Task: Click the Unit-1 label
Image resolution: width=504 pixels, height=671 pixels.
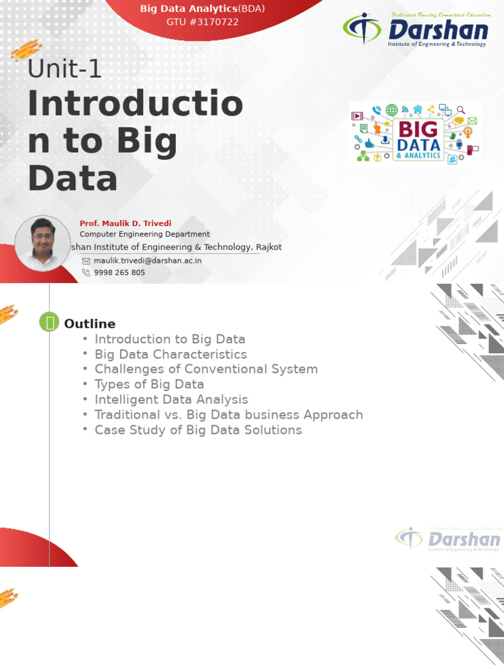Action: pyautogui.click(x=64, y=69)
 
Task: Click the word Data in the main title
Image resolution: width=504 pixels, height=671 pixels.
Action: pyautogui.click(x=72, y=178)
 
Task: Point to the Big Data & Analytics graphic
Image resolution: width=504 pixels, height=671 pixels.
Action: pyautogui.click(x=415, y=133)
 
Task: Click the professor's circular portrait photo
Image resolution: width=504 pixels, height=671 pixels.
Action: pyautogui.click(x=42, y=242)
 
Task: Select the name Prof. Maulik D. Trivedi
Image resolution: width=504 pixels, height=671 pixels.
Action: pyautogui.click(x=116, y=223)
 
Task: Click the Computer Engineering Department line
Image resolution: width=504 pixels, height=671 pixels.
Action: pyautogui.click(x=144, y=234)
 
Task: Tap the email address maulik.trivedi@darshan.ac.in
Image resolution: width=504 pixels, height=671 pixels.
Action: pyautogui.click(x=147, y=260)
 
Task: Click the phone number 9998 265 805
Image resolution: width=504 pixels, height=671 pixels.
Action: pyautogui.click(x=119, y=273)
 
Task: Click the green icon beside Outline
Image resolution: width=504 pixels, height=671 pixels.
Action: pyautogui.click(x=49, y=322)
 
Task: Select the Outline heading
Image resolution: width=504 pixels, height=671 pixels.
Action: pyautogui.click(x=89, y=324)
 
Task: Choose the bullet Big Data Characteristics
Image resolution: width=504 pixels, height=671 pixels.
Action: pyautogui.click(x=171, y=355)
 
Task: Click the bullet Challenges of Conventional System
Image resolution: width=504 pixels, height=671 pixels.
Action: pyautogui.click(x=205, y=369)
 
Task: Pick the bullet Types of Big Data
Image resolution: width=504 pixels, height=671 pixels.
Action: pyautogui.click(x=149, y=384)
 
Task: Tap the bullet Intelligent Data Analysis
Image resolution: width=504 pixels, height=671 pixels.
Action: pyautogui.click(x=171, y=399)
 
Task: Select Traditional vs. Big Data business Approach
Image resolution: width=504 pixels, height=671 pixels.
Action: pyautogui.click(x=228, y=415)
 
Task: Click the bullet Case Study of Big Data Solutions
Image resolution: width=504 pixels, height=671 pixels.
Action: pyautogui.click(x=198, y=430)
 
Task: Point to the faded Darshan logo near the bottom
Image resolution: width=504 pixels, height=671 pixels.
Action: pyautogui.click(x=448, y=539)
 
